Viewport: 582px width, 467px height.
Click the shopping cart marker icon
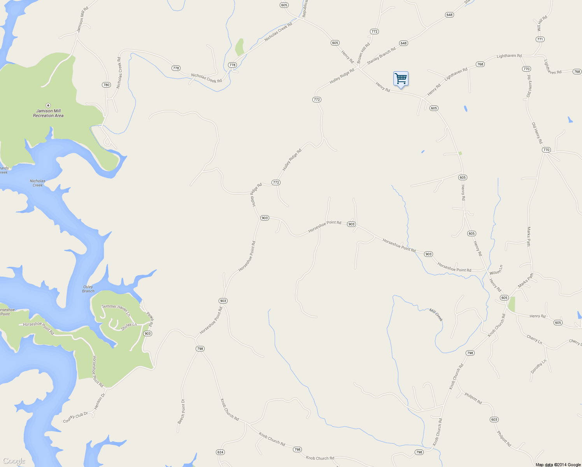(401, 79)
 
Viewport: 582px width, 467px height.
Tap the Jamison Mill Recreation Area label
(48, 113)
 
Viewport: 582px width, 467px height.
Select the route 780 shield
(106, 85)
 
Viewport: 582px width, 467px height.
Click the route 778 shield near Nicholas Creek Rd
(176, 68)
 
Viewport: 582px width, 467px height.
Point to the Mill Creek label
(436, 315)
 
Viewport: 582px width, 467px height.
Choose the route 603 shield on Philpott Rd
(494, 420)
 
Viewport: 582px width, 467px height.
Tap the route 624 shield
(220, 452)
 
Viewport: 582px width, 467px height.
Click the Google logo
(14, 461)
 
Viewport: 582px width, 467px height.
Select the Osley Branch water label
(88, 289)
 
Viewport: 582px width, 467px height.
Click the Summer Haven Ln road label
(116, 309)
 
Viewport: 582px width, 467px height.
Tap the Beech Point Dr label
(181, 411)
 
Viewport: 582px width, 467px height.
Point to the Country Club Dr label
(75, 418)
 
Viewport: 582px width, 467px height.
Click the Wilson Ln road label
(496, 270)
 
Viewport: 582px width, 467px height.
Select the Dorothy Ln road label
(539, 366)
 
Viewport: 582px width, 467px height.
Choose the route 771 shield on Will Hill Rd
(540, 39)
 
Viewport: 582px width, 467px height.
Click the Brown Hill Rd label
(363, 53)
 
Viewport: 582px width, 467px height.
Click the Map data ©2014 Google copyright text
(558, 465)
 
